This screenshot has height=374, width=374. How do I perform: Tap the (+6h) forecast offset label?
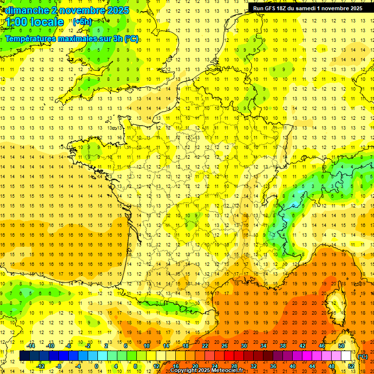(x=81, y=22)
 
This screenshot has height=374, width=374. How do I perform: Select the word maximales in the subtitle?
(x=75, y=38)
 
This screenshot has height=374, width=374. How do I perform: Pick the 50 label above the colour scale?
(x=341, y=345)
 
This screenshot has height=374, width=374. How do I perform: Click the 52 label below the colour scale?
(x=351, y=366)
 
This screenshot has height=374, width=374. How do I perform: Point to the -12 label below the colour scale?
(x=40, y=366)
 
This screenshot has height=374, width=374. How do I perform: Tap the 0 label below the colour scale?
(x=96, y=366)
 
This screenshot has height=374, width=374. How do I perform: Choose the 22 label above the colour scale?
(x=205, y=345)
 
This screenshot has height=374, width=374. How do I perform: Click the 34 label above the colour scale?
(x=263, y=345)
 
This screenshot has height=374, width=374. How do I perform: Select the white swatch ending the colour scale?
(x=346, y=355)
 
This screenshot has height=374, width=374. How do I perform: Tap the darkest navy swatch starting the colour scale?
(x=24, y=355)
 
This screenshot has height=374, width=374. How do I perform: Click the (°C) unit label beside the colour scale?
(x=362, y=356)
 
